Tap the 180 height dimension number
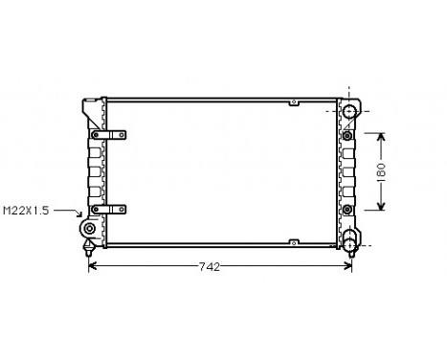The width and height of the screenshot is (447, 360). pos(381,171)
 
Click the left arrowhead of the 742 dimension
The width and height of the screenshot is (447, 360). pos(92,267)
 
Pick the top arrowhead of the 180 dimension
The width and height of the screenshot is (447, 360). pos(382,135)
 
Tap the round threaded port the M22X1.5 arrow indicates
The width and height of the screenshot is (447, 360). pos(89,230)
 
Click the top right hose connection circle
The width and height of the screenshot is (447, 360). pos(350,113)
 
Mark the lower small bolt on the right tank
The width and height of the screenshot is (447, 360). pos(347,208)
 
